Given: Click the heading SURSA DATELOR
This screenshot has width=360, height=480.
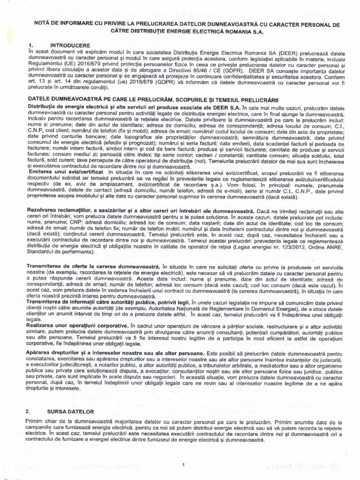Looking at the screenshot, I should (71, 411).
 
